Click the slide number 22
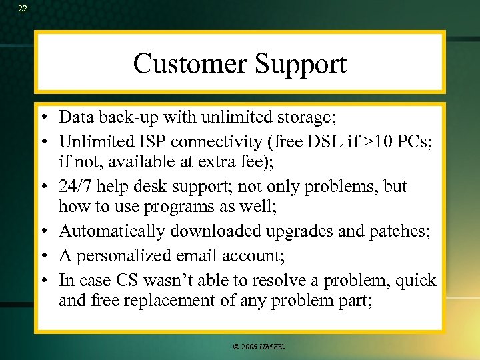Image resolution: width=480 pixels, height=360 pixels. [x=23, y=9]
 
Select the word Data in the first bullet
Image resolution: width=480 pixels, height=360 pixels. [x=74, y=117]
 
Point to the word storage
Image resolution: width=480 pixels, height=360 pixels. [x=304, y=119]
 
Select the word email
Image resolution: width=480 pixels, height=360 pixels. [x=195, y=255]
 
